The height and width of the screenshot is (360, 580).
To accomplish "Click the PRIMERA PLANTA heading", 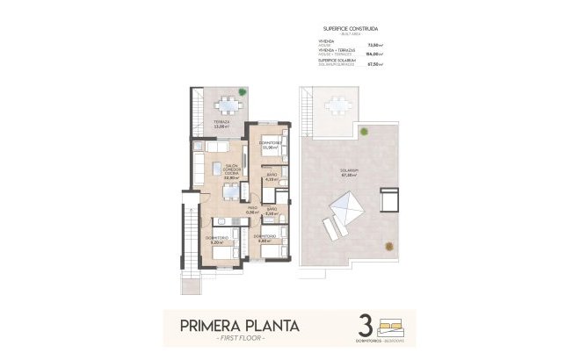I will coord(239,326).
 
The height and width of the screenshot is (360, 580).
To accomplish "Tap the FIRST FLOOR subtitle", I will coord(239,338).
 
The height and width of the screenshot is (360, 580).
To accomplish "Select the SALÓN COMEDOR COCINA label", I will coord(232,171).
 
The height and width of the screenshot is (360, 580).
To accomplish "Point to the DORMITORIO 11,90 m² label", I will coord(271,145).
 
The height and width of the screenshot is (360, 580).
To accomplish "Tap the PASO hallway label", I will coord(252,210).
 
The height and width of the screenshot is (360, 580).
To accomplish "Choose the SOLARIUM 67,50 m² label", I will coord(351,172).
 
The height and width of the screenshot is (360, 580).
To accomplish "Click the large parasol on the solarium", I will coord(346,211).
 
